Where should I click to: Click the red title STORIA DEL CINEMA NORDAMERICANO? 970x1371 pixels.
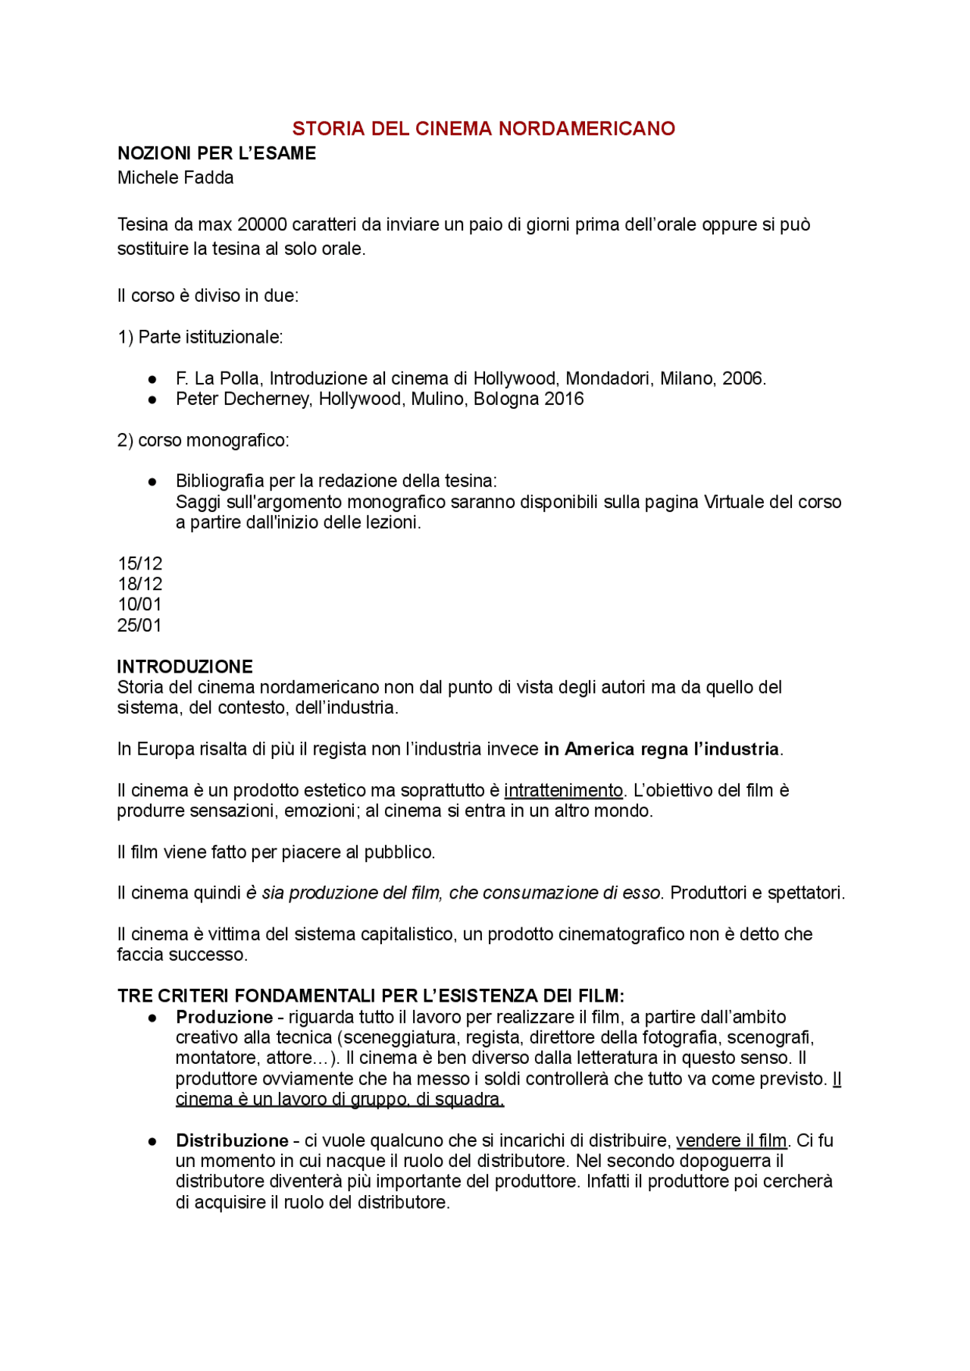click(x=483, y=128)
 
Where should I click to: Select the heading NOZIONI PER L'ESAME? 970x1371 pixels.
click(x=217, y=153)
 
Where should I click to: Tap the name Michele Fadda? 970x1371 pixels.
click(x=175, y=177)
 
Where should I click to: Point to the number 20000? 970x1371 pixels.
click(x=262, y=224)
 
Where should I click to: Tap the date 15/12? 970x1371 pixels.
click(x=140, y=563)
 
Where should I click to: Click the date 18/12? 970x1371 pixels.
click(x=140, y=584)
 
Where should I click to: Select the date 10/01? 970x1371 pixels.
click(x=140, y=604)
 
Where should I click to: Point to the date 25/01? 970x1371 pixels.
click(x=140, y=625)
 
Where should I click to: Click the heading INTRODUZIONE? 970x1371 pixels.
click(x=185, y=667)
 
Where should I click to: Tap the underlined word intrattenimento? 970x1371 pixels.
click(x=563, y=790)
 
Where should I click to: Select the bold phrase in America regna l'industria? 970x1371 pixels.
click(x=662, y=749)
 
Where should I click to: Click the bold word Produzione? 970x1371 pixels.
click(x=224, y=1017)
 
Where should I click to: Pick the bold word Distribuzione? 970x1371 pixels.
click(x=232, y=1140)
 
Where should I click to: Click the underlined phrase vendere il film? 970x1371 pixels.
click(x=731, y=1140)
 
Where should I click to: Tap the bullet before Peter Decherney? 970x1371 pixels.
click(x=152, y=399)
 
